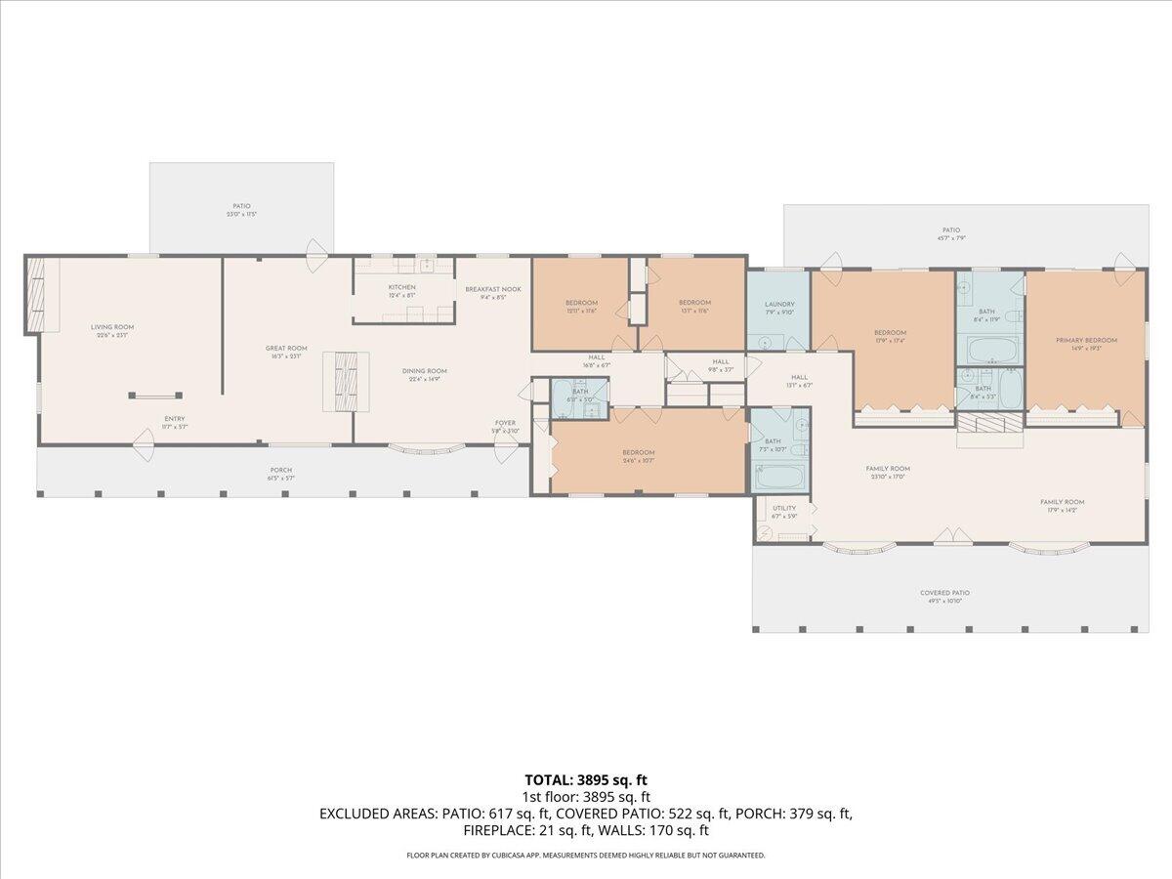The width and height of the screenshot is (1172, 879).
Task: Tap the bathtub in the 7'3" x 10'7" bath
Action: tap(780, 480)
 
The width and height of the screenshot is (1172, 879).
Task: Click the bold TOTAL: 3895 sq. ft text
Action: tap(586, 779)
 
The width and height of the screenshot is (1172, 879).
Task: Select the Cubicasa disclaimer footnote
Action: tap(586, 855)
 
